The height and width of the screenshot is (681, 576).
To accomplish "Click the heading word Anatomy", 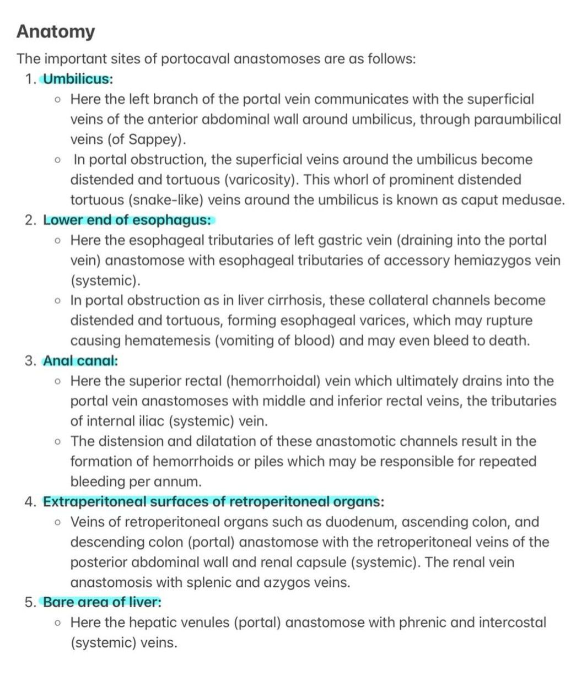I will (x=56, y=32).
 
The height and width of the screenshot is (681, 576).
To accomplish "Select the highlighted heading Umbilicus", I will (x=77, y=79).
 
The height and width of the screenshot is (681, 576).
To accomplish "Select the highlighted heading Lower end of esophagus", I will (x=127, y=220).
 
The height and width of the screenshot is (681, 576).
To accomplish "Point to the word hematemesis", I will (x=166, y=341).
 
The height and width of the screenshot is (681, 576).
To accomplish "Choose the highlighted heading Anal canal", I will (x=80, y=361).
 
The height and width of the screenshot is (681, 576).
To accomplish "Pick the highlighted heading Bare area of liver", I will (x=102, y=602).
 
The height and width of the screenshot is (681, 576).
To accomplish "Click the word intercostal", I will (x=512, y=623).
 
